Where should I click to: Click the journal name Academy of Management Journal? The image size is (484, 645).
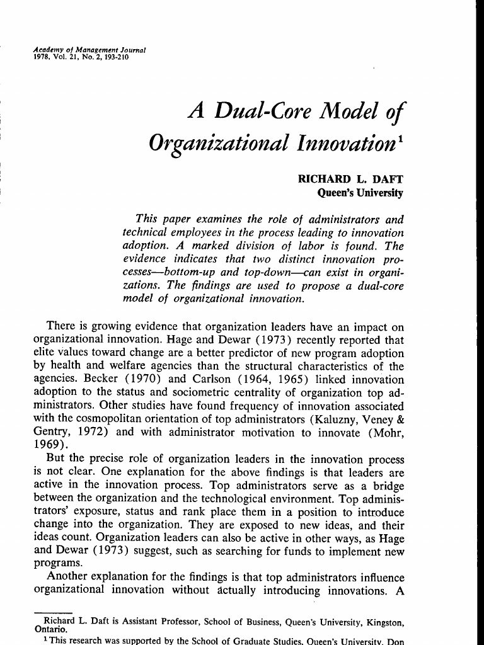tap(88, 49)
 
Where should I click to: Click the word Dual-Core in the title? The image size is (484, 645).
tap(267, 112)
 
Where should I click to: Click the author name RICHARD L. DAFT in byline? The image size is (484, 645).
tap(350, 179)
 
